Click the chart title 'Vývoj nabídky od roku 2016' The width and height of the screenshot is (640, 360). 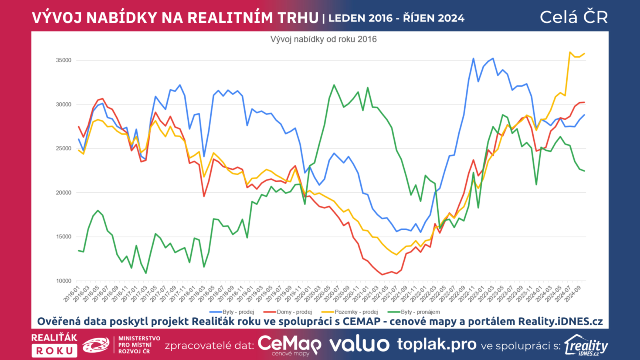click(323, 39)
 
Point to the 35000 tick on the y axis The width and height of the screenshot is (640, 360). click(64, 60)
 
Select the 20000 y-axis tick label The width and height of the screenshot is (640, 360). click(64, 193)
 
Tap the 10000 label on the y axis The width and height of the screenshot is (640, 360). click(64, 281)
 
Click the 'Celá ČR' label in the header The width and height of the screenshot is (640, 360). click(574, 17)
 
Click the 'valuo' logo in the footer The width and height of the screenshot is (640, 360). click(359, 344)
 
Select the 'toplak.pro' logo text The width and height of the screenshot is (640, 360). click(437, 344)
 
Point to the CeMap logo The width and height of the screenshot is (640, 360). click(289, 345)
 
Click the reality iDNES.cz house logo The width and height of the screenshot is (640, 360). click(586, 345)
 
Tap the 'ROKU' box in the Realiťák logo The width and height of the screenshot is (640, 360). click(54, 351)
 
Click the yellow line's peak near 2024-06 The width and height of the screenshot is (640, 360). click(570, 52)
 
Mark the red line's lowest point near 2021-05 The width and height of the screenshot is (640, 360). click(382, 274)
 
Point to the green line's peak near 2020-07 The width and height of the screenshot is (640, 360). click(334, 85)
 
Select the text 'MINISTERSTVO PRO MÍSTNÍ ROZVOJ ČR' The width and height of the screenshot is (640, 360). click(139, 345)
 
